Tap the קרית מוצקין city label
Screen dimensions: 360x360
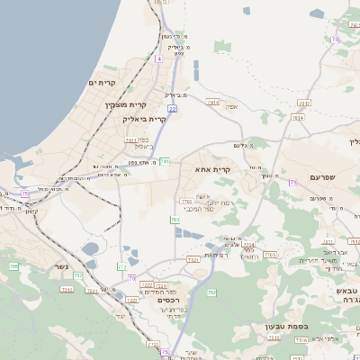point(112,104)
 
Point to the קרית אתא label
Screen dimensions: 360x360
point(214,168)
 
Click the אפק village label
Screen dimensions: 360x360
point(231,106)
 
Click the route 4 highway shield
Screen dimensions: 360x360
point(158,58)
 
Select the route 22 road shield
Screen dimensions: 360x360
point(171,108)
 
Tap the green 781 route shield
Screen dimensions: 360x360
point(165,162)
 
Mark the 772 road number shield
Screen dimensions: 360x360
point(121,267)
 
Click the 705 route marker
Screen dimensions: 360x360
point(13,266)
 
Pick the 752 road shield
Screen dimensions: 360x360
point(78,275)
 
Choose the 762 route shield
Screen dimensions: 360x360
point(211,292)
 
